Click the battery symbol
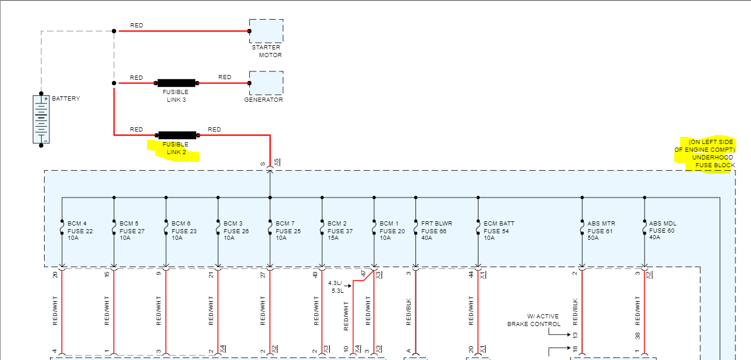(x=41, y=119)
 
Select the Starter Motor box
(x=266, y=31)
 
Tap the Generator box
(x=266, y=83)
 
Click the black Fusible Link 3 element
(x=176, y=83)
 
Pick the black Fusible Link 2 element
(x=177, y=135)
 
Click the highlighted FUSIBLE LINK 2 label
(x=177, y=148)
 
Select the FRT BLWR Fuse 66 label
(x=436, y=231)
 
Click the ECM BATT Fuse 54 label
(x=498, y=231)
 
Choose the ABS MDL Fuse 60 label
(x=662, y=231)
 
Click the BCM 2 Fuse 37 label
(x=340, y=231)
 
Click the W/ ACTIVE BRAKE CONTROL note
(x=534, y=320)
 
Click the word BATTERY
(x=66, y=99)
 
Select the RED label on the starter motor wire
(x=136, y=26)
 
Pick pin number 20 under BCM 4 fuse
(x=55, y=274)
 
